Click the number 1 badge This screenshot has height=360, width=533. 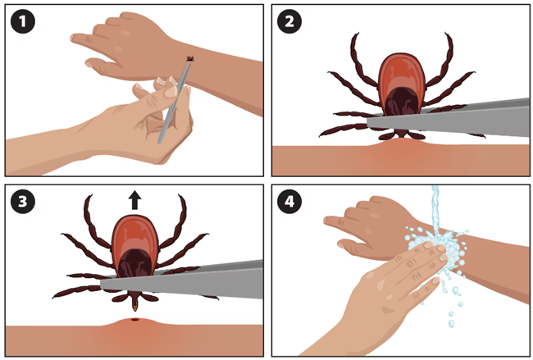point(23,21)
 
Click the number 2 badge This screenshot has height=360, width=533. point(289,21)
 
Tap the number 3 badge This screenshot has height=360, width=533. point(23,201)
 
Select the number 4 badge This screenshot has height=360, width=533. point(289,201)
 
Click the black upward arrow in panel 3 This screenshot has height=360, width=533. point(135,200)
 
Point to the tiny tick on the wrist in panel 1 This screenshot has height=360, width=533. point(190,59)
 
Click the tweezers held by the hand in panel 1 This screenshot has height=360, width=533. point(175,101)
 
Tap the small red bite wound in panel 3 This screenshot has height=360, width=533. point(135,320)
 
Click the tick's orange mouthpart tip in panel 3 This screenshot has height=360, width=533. point(135,307)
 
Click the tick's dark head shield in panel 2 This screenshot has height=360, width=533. point(402,102)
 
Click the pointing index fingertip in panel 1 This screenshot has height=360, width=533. point(74,38)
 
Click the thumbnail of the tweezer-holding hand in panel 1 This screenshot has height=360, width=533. point(171,91)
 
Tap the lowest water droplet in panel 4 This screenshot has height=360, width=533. point(451,323)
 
